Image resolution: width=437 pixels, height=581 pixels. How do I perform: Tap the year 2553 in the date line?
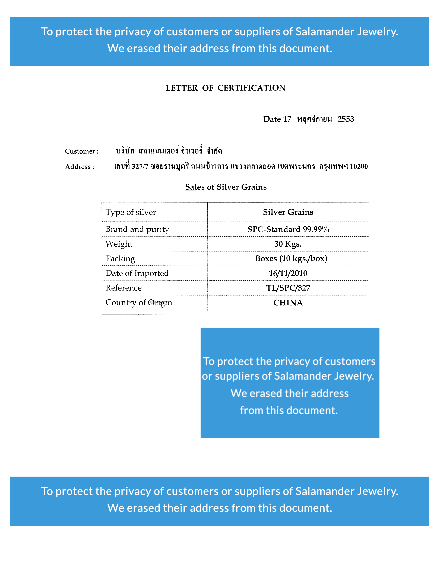(x=346, y=119)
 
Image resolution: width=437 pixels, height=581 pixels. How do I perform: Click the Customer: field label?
(x=82, y=151)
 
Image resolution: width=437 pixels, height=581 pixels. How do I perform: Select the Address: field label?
(x=80, y=167)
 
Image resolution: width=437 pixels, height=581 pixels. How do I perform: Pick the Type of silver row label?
(x=131, y=212)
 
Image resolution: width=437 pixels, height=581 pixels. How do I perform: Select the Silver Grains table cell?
(x=288, y=212)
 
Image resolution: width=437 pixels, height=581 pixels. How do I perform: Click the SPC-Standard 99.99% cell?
(x=288, y=229)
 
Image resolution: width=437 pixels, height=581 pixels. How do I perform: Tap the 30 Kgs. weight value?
(x=288, y=244)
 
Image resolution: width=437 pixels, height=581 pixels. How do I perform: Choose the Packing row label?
(x=120, y=259)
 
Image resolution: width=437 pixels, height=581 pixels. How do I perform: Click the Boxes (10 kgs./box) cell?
(x=291, y=259)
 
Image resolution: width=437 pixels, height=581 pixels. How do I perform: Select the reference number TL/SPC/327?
(x=288, y=288)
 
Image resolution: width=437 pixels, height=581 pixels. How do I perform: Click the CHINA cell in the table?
(x=288, y=303)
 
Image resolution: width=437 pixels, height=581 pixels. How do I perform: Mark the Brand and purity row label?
(x=137, y=229)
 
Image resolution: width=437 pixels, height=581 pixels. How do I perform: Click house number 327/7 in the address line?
(x=140, y=166)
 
